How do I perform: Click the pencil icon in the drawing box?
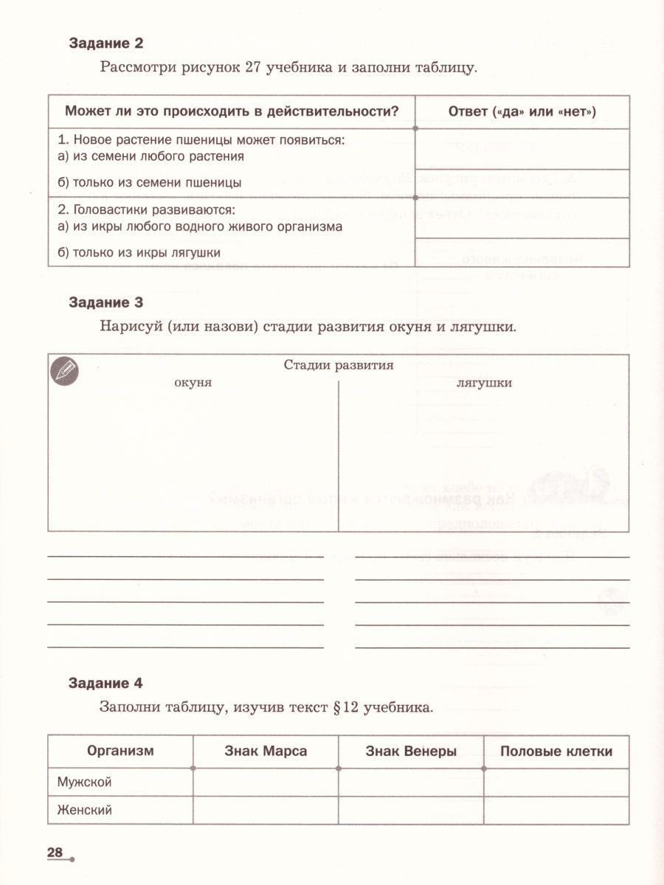pyautogui.click(x=64, y=370)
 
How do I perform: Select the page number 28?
pyautogui.click(x=55, y=853)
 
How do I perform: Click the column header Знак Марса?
pyautogui.click(x=266, y=752)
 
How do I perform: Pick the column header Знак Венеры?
pyautogui.click(x=411, y=752)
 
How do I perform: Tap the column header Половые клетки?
pyautogui.click(x=556, y=752)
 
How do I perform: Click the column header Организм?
pyautogui.click(x=120, y=752)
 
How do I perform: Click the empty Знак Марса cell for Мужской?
pyautogui.click(x=266, y=782)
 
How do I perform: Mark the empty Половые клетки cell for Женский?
pyautogui.click(x=556, y=810)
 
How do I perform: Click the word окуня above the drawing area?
pyautogui.click(x=193, y=383)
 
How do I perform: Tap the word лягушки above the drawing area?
pyautogui.click(x=484, y=383)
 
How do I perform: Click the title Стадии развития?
pyautogui.click(x=338, y=365)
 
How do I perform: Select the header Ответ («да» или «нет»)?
pyautogui.click(x=522, y=111)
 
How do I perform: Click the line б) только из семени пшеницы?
pyautogui.click(x=149, y=182)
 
